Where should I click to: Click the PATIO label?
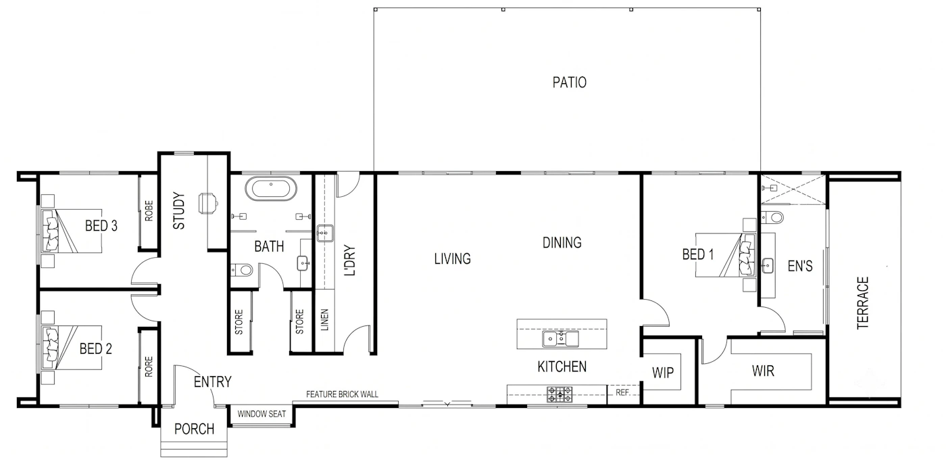click(x=569, y=82)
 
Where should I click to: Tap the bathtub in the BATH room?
click(x=271, y=189)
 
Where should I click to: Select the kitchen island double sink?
click(x=560, y=339)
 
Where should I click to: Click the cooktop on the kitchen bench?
click(x=559, y=394)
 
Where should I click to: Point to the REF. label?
click(x=623, y=392)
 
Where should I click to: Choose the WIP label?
click(x=663, y=373)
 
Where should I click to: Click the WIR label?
click(x=763, y=371)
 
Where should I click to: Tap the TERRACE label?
click(x=862, y=303)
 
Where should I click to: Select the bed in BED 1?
click(x=726, y=255)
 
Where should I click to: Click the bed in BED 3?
click(x=72, y=231)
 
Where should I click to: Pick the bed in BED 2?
click(x=72, y=348)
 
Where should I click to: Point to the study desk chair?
click(x=208, y=204)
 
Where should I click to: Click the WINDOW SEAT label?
click(x=262, y=414)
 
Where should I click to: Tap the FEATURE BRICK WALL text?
click(x=342, y=394)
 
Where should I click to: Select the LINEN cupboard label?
click(x=325, y=319)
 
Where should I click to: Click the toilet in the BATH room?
click(x=242, y=269)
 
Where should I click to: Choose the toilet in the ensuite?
click(x=772, y=218)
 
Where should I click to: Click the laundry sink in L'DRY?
click(x=325, y=233)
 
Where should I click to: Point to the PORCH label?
click(x=195, y=429)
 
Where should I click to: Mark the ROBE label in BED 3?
click(x=149, y=210)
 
